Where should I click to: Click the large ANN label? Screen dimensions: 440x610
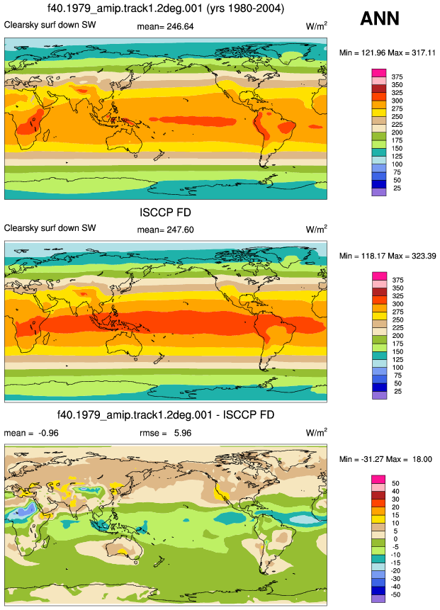tap(380, 18)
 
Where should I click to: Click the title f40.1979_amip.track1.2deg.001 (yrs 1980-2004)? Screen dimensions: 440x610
tap(166, 9)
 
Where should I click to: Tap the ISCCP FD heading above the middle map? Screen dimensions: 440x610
tap(165, 213)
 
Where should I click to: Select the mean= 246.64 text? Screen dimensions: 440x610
tap(165, 26)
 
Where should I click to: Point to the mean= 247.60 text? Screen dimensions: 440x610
tap(165, 230)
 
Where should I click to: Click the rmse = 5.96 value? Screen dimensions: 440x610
tap(165, 433)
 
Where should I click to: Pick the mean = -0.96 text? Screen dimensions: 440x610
tap(31, 433)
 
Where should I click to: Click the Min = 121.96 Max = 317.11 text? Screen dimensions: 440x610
tap(387, 52)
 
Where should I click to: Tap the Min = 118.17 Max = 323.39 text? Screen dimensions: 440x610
tap(388, 256)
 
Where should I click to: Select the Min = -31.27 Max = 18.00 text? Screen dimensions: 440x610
tap(385, 459)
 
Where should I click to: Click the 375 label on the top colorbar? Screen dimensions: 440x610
tap(397, 77)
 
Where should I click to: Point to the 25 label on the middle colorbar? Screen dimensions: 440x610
tap(397, 391)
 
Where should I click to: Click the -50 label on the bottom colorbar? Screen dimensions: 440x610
tap(395, 594)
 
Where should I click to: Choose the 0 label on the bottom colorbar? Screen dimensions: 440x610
tap(395, 539)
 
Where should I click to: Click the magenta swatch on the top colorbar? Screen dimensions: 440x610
tap(379, 73)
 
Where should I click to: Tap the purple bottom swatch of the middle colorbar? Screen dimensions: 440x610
tap(379, 395)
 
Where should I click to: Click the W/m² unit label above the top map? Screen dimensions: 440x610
tap(316, 26)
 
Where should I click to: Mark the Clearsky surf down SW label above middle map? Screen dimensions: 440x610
tap(50, 228)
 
